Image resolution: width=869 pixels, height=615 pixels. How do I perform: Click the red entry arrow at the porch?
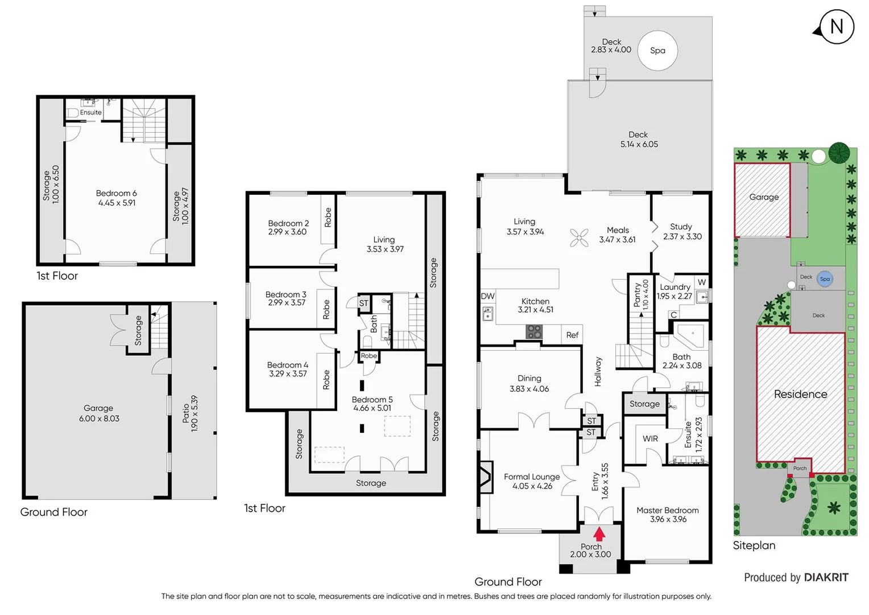(599, 534)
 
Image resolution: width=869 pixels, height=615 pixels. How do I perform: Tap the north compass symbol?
(836, 27)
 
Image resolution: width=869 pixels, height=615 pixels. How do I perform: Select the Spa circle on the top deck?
(657, 50)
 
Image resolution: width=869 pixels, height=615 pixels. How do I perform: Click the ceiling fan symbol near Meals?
(579, 237)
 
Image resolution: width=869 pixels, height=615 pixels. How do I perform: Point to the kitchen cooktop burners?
(533, 331)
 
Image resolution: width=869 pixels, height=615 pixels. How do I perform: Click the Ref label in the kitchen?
(572, 335)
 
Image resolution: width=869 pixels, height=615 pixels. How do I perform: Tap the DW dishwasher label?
(487, 296)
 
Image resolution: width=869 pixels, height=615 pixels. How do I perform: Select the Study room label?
(681, 227)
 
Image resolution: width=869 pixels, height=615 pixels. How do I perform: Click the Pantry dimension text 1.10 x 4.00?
(645, 294)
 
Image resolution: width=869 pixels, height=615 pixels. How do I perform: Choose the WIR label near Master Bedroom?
(650, 438)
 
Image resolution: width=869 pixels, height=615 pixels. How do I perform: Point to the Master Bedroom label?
(668, 510)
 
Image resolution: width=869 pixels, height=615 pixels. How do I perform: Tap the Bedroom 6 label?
(116, 193)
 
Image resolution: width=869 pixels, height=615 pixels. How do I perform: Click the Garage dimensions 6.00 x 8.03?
(99, 419)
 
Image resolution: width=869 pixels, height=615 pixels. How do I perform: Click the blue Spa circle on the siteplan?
(825, 279)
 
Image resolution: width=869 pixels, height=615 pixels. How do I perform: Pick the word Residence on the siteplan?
(800, 394)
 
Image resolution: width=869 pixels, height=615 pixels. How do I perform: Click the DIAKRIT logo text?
(826, 577)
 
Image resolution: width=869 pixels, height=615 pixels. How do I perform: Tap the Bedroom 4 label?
(288, 365)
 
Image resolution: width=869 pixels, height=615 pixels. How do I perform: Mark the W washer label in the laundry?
(702, 282)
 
